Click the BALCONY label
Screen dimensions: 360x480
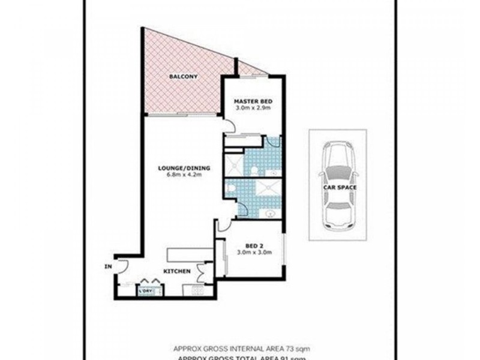pyautogui.click(x=184, y=77)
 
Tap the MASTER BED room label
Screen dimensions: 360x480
pyautogui.click(x=253, y=101)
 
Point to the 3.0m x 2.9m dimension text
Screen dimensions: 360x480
pyautogui.click(x=253, y=109)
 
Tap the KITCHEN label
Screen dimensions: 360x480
pyautogui.click(x=177, y=272)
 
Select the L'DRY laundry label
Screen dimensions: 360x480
pyautogui.click(x=146, y=292)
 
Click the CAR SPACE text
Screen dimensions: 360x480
pyautogui.click(x=340, y=188)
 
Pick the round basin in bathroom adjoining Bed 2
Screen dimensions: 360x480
pyautogui.click(x=270, y=213)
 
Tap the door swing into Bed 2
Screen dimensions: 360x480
pyautogui.click(x=223, y=225)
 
